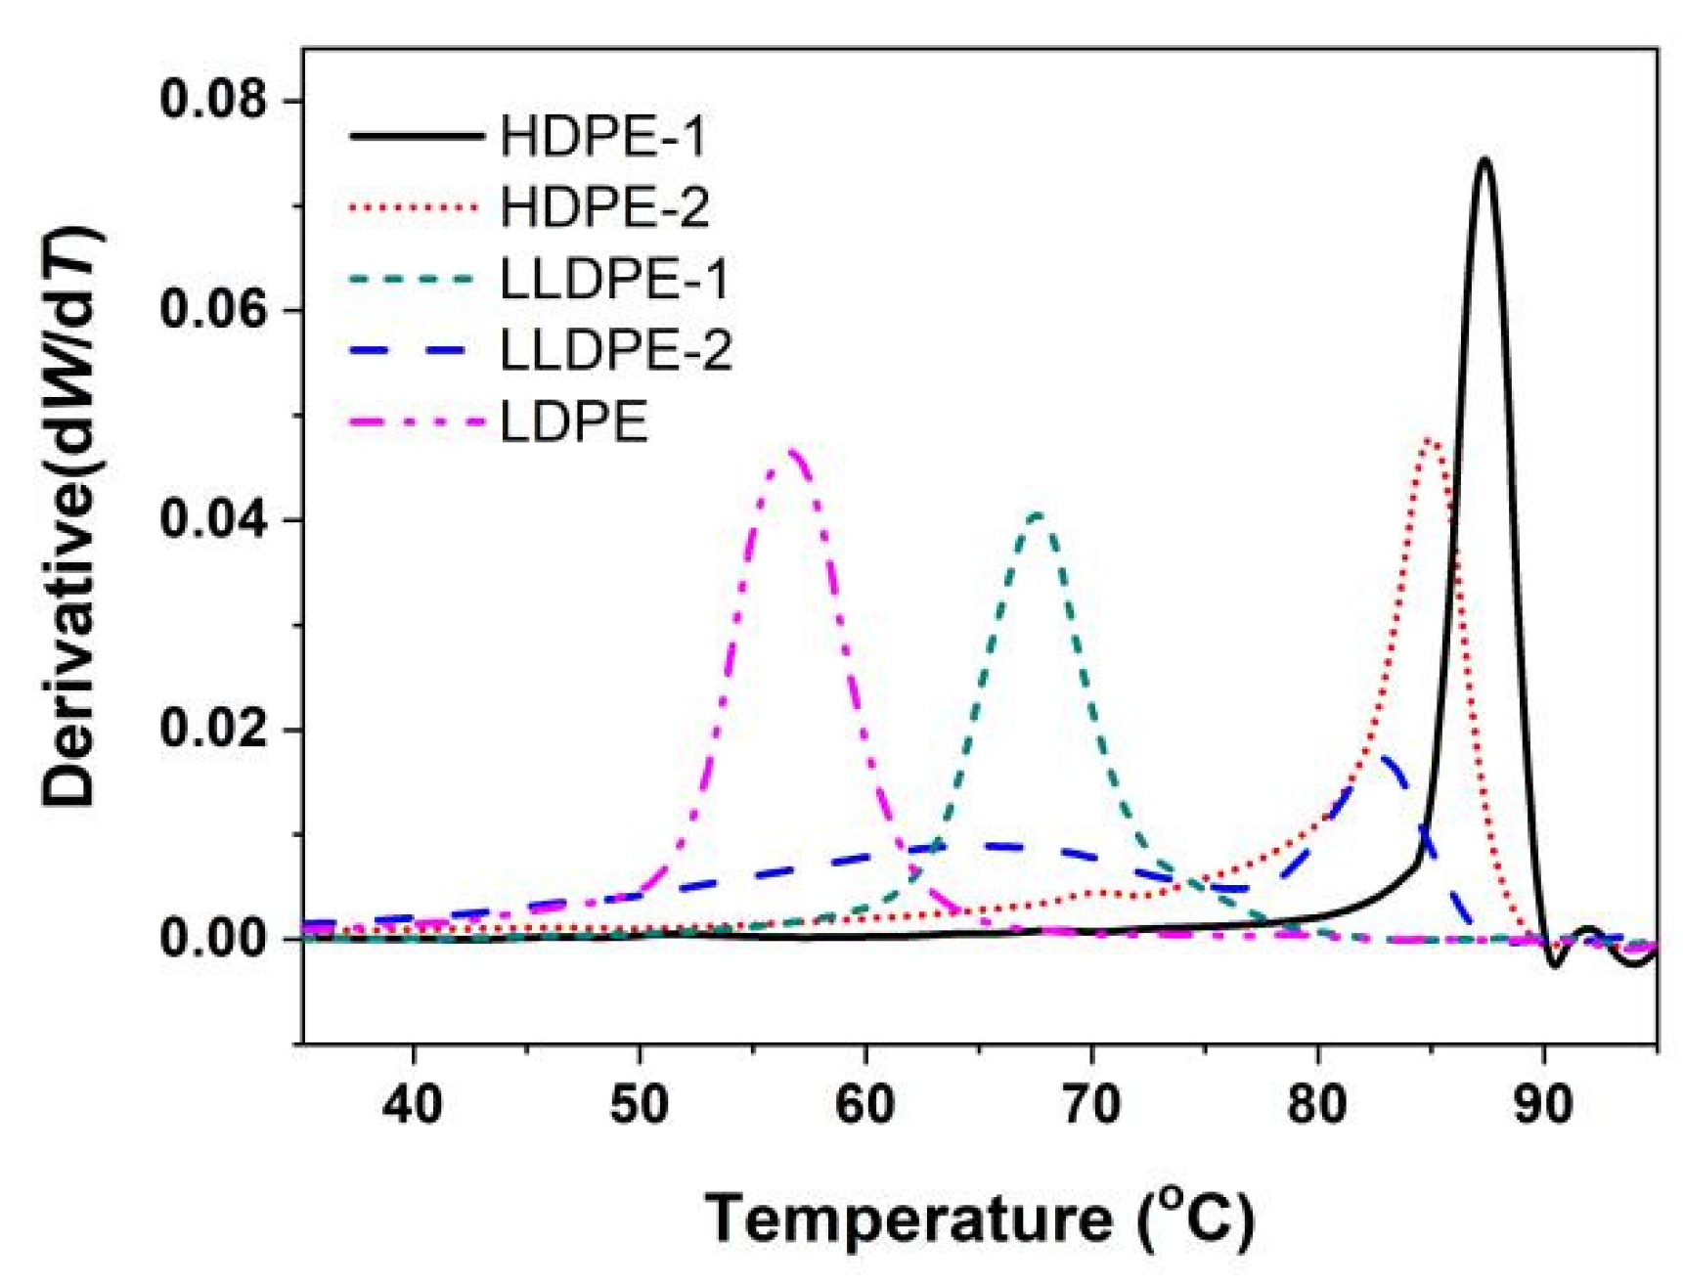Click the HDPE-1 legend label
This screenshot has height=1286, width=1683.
pyautogui.click(x=602, y=136)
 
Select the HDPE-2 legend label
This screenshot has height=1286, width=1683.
pyautogui.click(x=604, y=207)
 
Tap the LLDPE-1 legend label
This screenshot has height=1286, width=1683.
pyautogui.click(x=614, y=279)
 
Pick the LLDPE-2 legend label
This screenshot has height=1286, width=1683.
pyautogui.click(x=615, y=350)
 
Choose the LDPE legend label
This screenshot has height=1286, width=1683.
pyautogui.click(x=574, y=422)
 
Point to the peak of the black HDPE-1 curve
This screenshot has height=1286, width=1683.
pyautogui.click(x=1484, y=158)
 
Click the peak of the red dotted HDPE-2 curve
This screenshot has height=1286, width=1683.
pyautogui.click(x=1429, y=440)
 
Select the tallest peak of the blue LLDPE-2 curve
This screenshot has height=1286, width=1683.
pyautogui.click(x=1384, y=757)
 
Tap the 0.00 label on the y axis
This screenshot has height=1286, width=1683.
pyautogui.click(x=214, y=938)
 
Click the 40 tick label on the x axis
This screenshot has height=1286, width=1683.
pyautogui.click(x=414, y=1104)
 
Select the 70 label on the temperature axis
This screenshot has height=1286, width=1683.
pyautogui.click(x=1091, y=1104)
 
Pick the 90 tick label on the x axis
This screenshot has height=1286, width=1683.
pyautogui.click(x=1543, y=1104)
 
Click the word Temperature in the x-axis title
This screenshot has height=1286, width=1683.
pyautogui.click(x=908, y=1219)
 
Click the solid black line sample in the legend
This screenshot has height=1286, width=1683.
pyautogui.click(x=416, y=136)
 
